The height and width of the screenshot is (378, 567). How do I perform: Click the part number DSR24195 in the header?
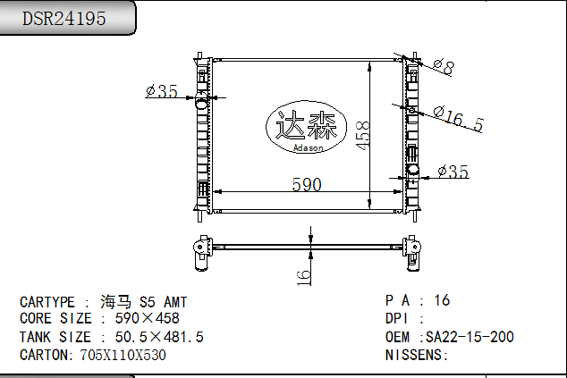point(64,18)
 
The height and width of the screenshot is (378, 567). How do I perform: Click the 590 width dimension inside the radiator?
point(307,184)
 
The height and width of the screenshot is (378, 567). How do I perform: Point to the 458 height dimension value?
point(363,135)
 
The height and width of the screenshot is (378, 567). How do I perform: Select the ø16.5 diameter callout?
point(459,119)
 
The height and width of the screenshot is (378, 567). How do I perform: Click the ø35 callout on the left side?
point(162,91)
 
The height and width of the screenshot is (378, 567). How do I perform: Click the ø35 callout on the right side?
point(453,172)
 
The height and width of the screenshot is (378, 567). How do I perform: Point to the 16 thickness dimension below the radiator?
point(304,278)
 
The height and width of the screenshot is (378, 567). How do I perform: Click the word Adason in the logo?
point(308,147)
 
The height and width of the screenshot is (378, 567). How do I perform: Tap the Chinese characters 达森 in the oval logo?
point(306,125)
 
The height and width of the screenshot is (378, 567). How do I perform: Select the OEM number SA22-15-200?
point(470,337)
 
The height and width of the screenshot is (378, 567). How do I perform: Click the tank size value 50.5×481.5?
point(159,337)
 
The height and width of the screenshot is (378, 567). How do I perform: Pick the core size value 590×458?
point(148,318)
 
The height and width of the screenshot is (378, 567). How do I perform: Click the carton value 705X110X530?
point(123,355)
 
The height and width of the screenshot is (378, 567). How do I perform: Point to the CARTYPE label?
point(47,302)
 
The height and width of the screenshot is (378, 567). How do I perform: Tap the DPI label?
point(397,318)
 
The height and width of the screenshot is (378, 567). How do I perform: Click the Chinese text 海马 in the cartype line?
point(115,302)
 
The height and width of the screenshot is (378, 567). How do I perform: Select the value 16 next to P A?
point(442,300)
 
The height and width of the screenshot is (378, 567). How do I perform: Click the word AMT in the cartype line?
point(175,302)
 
